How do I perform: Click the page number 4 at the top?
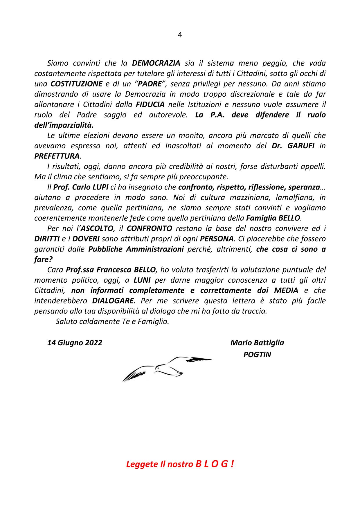coord(180,35)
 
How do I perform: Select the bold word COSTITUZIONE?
coord(76,84)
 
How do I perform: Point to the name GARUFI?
coord(300,146)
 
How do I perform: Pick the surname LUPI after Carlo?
coord(100,187)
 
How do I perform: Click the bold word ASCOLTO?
coord(98,228)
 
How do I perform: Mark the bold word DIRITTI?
coord(47,239)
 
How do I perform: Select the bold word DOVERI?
coord(86,239)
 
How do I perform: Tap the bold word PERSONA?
coord(217,239)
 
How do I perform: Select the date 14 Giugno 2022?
coord(75,343)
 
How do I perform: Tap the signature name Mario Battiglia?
coord(257,343)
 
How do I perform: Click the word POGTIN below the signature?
coord(257,355)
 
